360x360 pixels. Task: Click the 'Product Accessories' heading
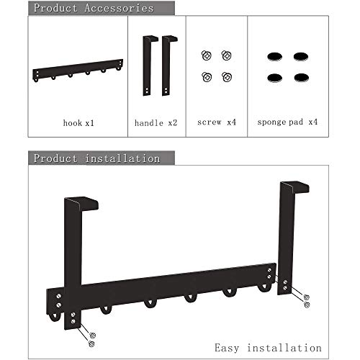point(94,8)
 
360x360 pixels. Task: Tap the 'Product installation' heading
point(96,158)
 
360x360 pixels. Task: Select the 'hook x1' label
point(78,123)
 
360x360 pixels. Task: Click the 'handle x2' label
point(156,123)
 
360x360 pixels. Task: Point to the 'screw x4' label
point(217,122)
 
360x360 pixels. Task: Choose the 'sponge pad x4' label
point(287,122)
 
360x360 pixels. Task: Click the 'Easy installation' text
point(268,348)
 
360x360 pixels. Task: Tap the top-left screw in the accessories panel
point(207,55)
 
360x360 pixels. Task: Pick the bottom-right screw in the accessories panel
point(227,77)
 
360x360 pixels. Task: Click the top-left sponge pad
point(274,57)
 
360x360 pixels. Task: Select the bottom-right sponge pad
point(301,78)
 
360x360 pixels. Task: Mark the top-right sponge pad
point(301,57)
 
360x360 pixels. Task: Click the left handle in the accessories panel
point(148,66)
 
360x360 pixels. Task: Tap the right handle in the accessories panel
point(167,66)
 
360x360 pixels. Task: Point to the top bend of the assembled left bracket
point(81,204)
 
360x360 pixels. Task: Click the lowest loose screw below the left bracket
point(91,343)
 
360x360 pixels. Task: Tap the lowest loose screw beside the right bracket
point(307,305)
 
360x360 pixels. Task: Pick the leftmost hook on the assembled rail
point(54,318)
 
